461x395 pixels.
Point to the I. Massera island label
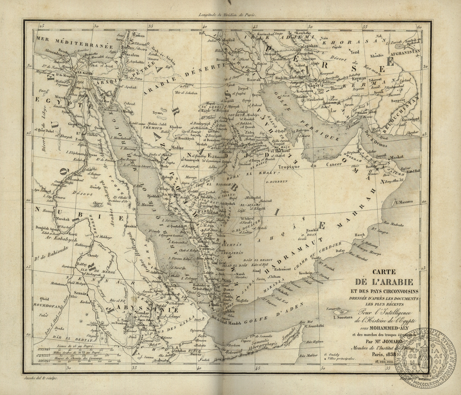(404, 202)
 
